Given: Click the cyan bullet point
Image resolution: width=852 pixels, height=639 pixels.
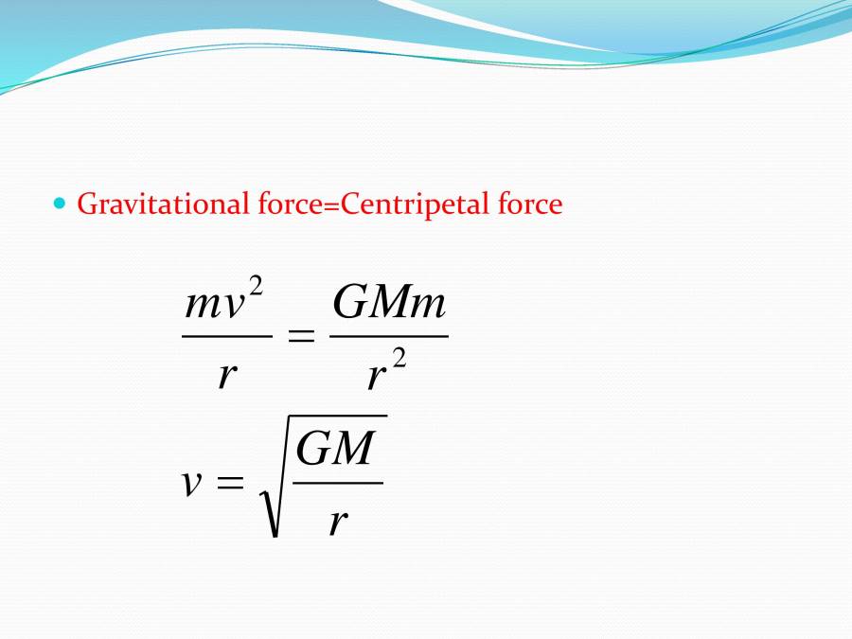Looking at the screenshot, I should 61,203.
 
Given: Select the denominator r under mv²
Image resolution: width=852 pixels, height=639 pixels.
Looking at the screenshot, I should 225,374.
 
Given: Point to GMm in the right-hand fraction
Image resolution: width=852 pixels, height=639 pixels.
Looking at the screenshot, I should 389,304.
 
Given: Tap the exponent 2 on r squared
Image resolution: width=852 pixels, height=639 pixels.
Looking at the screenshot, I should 399,361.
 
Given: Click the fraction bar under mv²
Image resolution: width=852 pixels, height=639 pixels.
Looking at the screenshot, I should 226,335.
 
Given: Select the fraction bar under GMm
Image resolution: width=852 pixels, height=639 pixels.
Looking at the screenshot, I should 388,335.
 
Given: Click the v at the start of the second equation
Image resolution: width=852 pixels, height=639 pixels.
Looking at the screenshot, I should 192,483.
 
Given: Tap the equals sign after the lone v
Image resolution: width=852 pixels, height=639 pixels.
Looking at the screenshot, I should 230,483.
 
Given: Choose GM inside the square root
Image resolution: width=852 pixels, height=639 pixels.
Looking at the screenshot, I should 336,448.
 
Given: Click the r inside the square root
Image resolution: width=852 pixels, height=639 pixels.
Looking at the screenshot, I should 337,520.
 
